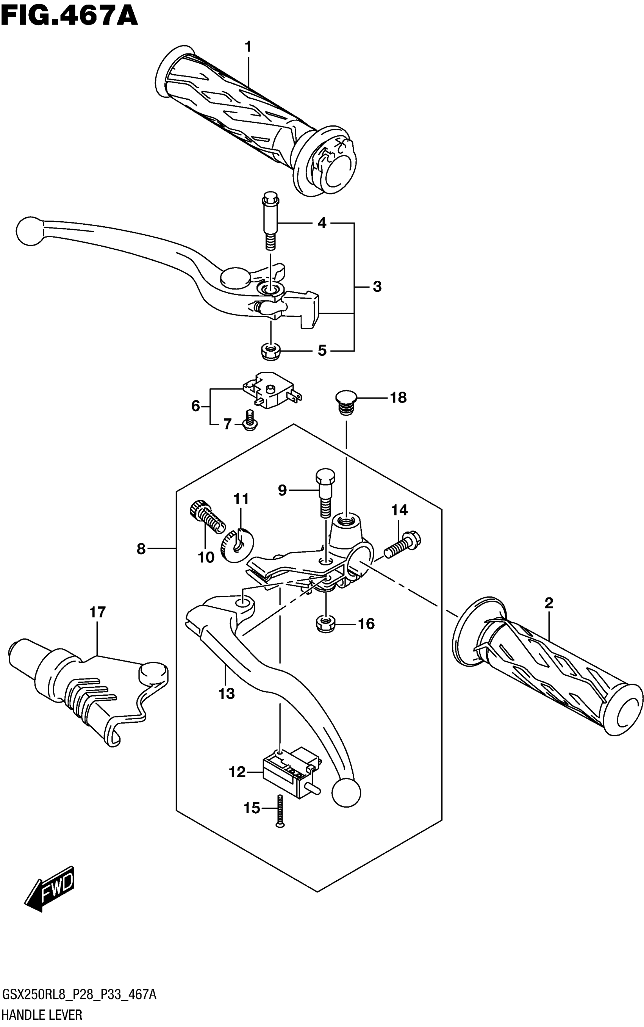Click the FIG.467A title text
(x=69, y=17)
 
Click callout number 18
(x=398, y=398)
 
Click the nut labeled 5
(x=270, y=351)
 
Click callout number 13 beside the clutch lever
(x=227, y=694)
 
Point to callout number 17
(x=97, y=612)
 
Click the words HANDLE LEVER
(x=42, y=1015)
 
